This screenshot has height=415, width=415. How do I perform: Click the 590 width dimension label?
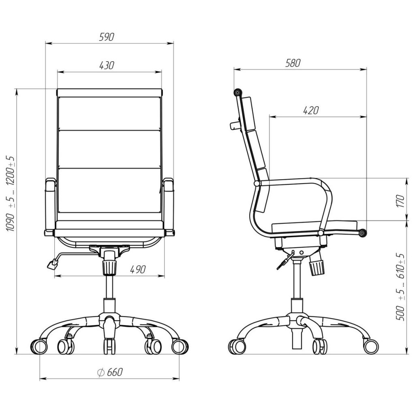(107, 37)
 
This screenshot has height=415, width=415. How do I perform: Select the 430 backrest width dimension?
(107, 65)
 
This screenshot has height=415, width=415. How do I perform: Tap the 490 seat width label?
(138, 270)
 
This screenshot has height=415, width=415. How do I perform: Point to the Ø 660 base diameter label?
(110, 372)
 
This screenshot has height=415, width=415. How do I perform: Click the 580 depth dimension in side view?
(293, 63)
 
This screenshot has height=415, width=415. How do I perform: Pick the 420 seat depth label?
(311, 110)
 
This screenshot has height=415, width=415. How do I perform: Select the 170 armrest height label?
(401, 201)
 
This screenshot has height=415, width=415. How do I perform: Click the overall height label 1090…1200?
(10, 194)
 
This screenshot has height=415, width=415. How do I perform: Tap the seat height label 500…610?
(400, 287)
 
